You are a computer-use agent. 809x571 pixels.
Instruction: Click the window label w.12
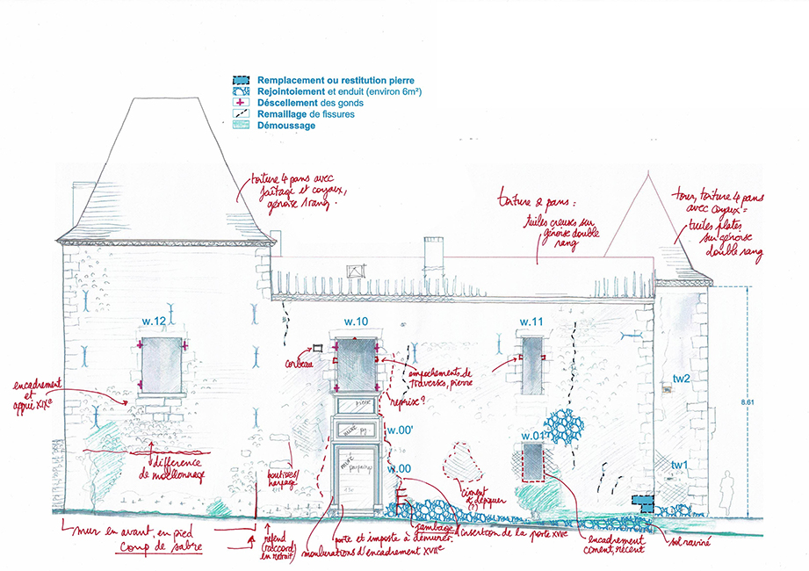click(155, 323)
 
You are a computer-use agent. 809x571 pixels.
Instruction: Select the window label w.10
click(356, 323)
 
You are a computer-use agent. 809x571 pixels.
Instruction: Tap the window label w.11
click(531, 323)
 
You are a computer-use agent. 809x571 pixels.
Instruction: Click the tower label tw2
click(681, 379)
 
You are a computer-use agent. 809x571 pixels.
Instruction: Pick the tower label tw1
click(680, 465)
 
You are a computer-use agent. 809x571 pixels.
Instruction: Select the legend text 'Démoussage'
click(286, 126)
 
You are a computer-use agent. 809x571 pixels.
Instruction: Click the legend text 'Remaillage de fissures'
click(304, 114)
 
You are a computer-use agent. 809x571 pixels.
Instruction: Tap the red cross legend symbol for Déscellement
click(240, 103)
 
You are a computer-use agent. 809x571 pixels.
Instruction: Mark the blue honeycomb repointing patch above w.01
click(562, 429)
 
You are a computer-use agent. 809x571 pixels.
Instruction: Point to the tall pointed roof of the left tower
click(167, 167)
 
